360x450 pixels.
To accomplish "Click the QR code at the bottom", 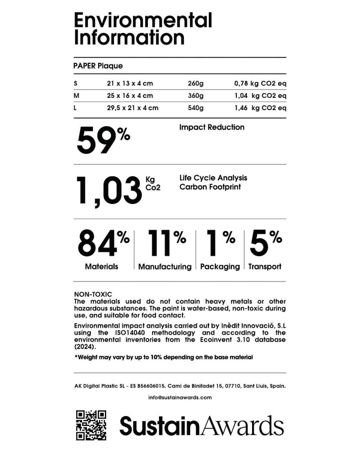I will pyautogui.click(x=91, y=425).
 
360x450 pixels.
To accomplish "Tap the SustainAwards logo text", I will pyautogui.click(x=202, y=425).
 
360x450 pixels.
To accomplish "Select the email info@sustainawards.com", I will pyautogui.click(x=180, y=398).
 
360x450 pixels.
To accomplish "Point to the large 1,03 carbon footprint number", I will pyautogui.click(x=108, y=192).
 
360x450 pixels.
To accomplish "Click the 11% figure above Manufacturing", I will pyautogui.click(x=166, y=243).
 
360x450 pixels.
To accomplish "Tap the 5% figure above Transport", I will pyautogui.click(x=266, y=243).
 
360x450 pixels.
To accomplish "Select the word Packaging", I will pyautogui.click(x=220, y=267).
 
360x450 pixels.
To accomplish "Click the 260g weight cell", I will pyautogui.click(x=195, y=83).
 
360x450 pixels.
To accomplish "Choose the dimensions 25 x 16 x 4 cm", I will pyautogui.click(x=130, y=96).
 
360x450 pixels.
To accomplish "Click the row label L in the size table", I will pyautogui.click(x=75, y=108).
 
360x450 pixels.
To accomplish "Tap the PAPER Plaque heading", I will pyautogui.click(x=98, y=66).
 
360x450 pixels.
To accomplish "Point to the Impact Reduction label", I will pyautogui.click(x=212, y=127).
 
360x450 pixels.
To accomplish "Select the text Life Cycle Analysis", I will pyautogui.click(x=213, y=178).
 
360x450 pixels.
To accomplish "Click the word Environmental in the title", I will pyautogui.click(x=143, y=20).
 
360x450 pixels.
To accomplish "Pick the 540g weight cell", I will pyautogui.click(x=195, y=108).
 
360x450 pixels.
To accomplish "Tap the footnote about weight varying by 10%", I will pyautogui.click(x=163, y=357).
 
